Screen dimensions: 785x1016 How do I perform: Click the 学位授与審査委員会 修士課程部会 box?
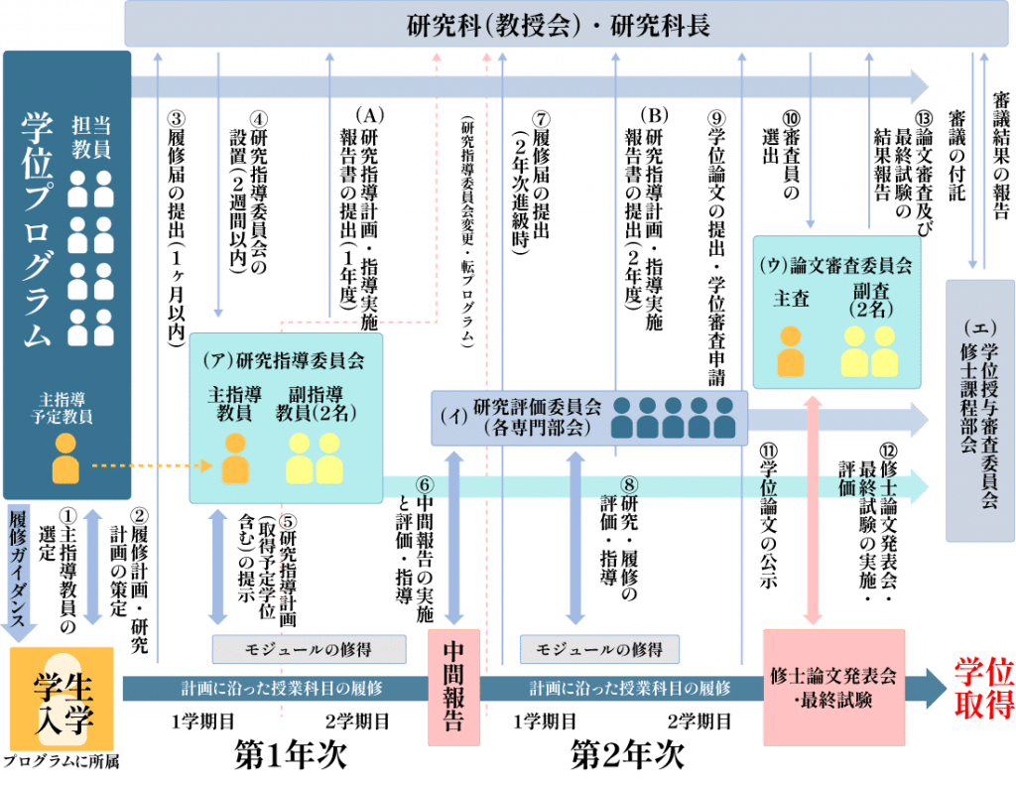click(979, 409)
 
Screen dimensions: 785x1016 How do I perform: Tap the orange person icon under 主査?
click(791, 351)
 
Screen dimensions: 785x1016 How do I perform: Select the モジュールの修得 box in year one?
click(309, 649)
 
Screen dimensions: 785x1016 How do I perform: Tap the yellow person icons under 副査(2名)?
click(869, 351)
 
